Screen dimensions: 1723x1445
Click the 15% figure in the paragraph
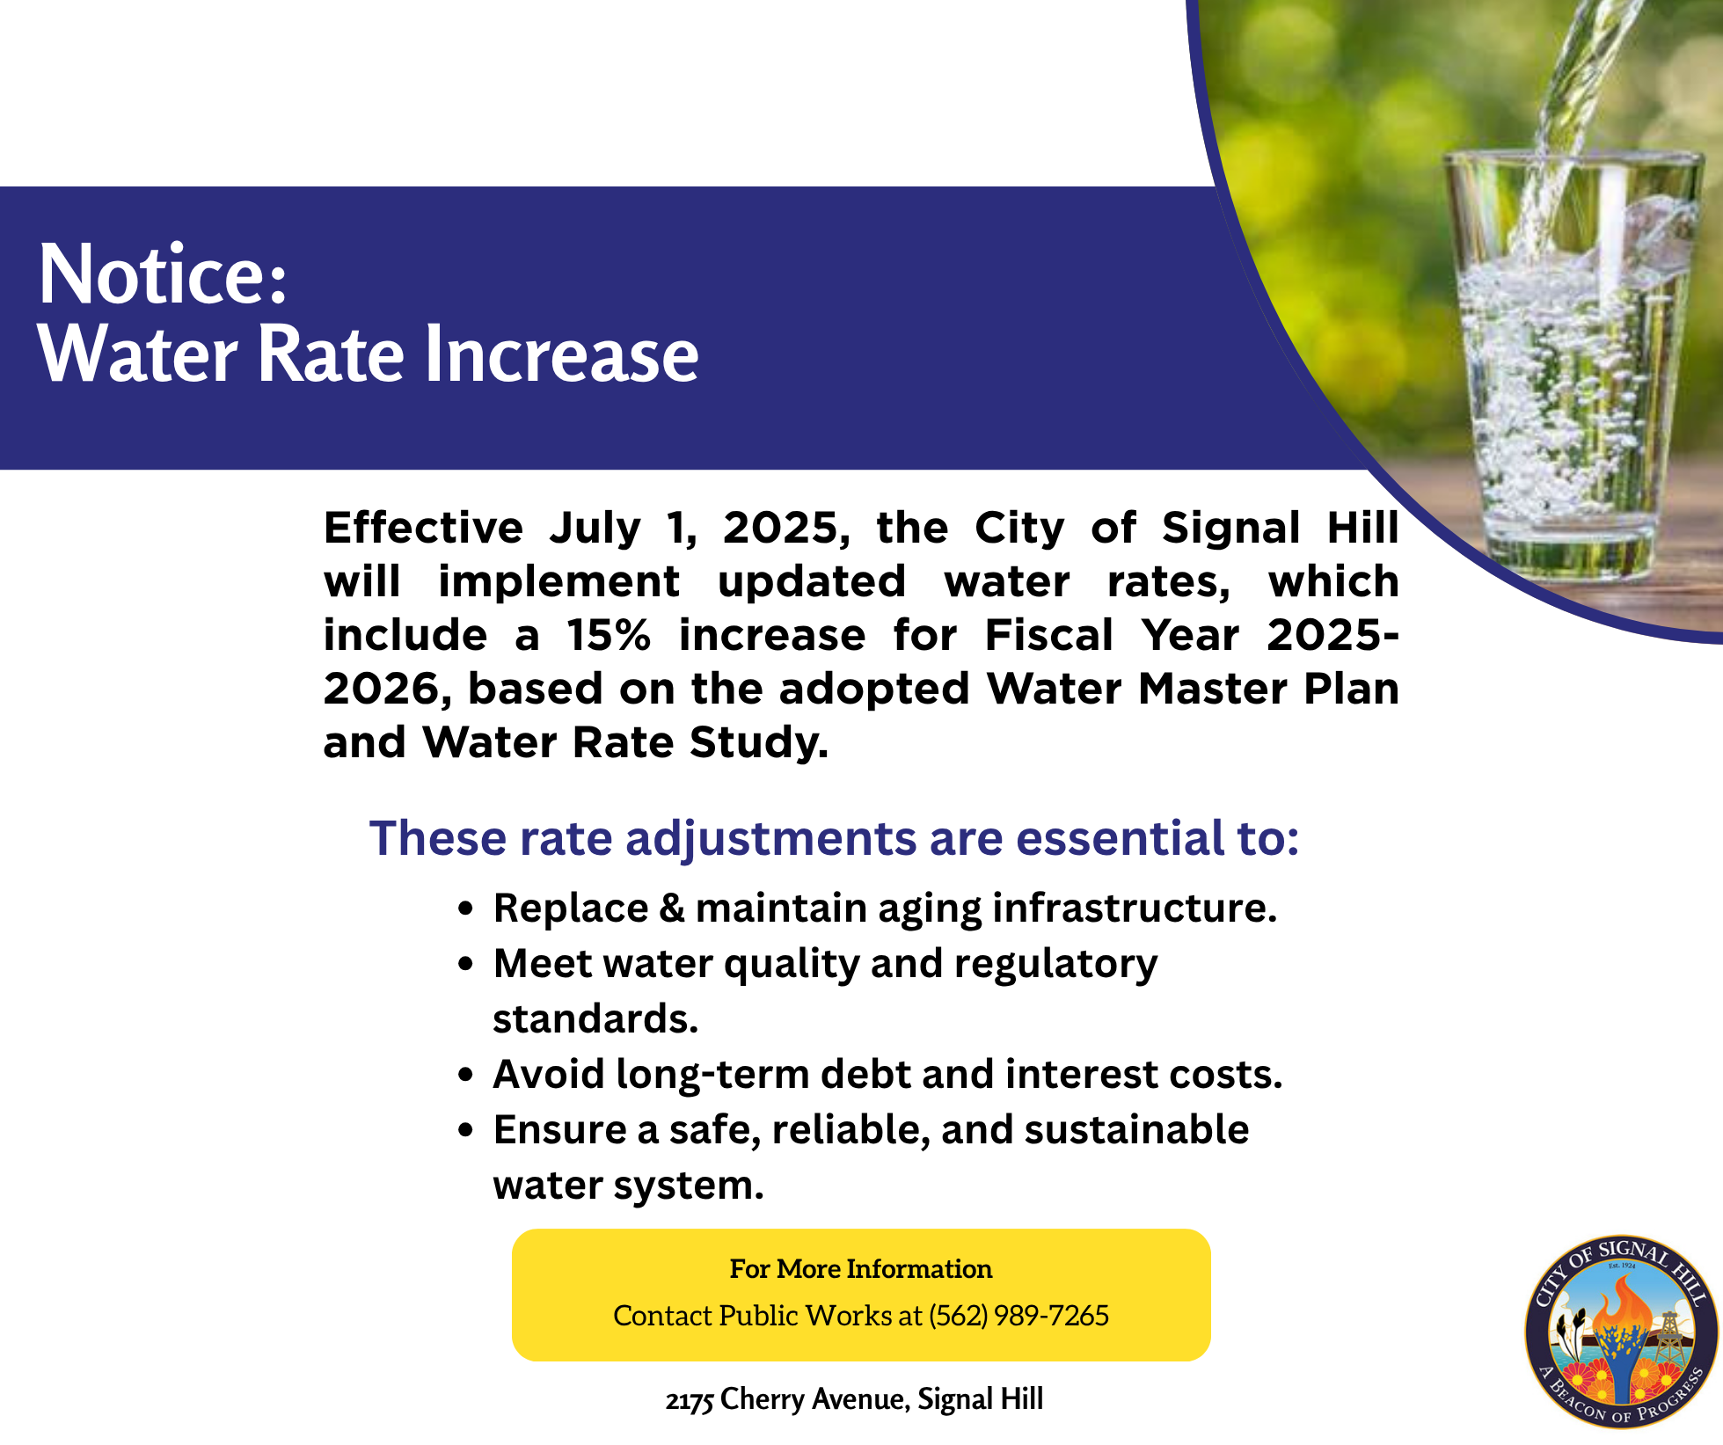[x=609, y=635]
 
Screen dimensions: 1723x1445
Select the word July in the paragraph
[x=595, y=529]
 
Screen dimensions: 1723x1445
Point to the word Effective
[x=424, y=528]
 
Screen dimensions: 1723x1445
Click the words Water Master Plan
[x=1193, y=689]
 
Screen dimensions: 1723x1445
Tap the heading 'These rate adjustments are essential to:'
[x=834, y=837]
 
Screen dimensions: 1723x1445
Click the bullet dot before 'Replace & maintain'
[x=466, y=909]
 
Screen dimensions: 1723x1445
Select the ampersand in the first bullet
[x=672, y=909]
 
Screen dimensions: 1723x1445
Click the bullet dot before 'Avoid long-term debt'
[x=466, y=1075]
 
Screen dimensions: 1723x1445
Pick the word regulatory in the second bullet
[x=1056, y=965]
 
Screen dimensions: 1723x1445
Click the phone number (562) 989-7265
[x=1018, y=1316]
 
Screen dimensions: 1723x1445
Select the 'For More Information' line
[x=861, y=1269]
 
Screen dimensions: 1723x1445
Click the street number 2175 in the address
[x=690, y=1400]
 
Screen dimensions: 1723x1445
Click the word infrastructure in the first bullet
[x=1135, y=909]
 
